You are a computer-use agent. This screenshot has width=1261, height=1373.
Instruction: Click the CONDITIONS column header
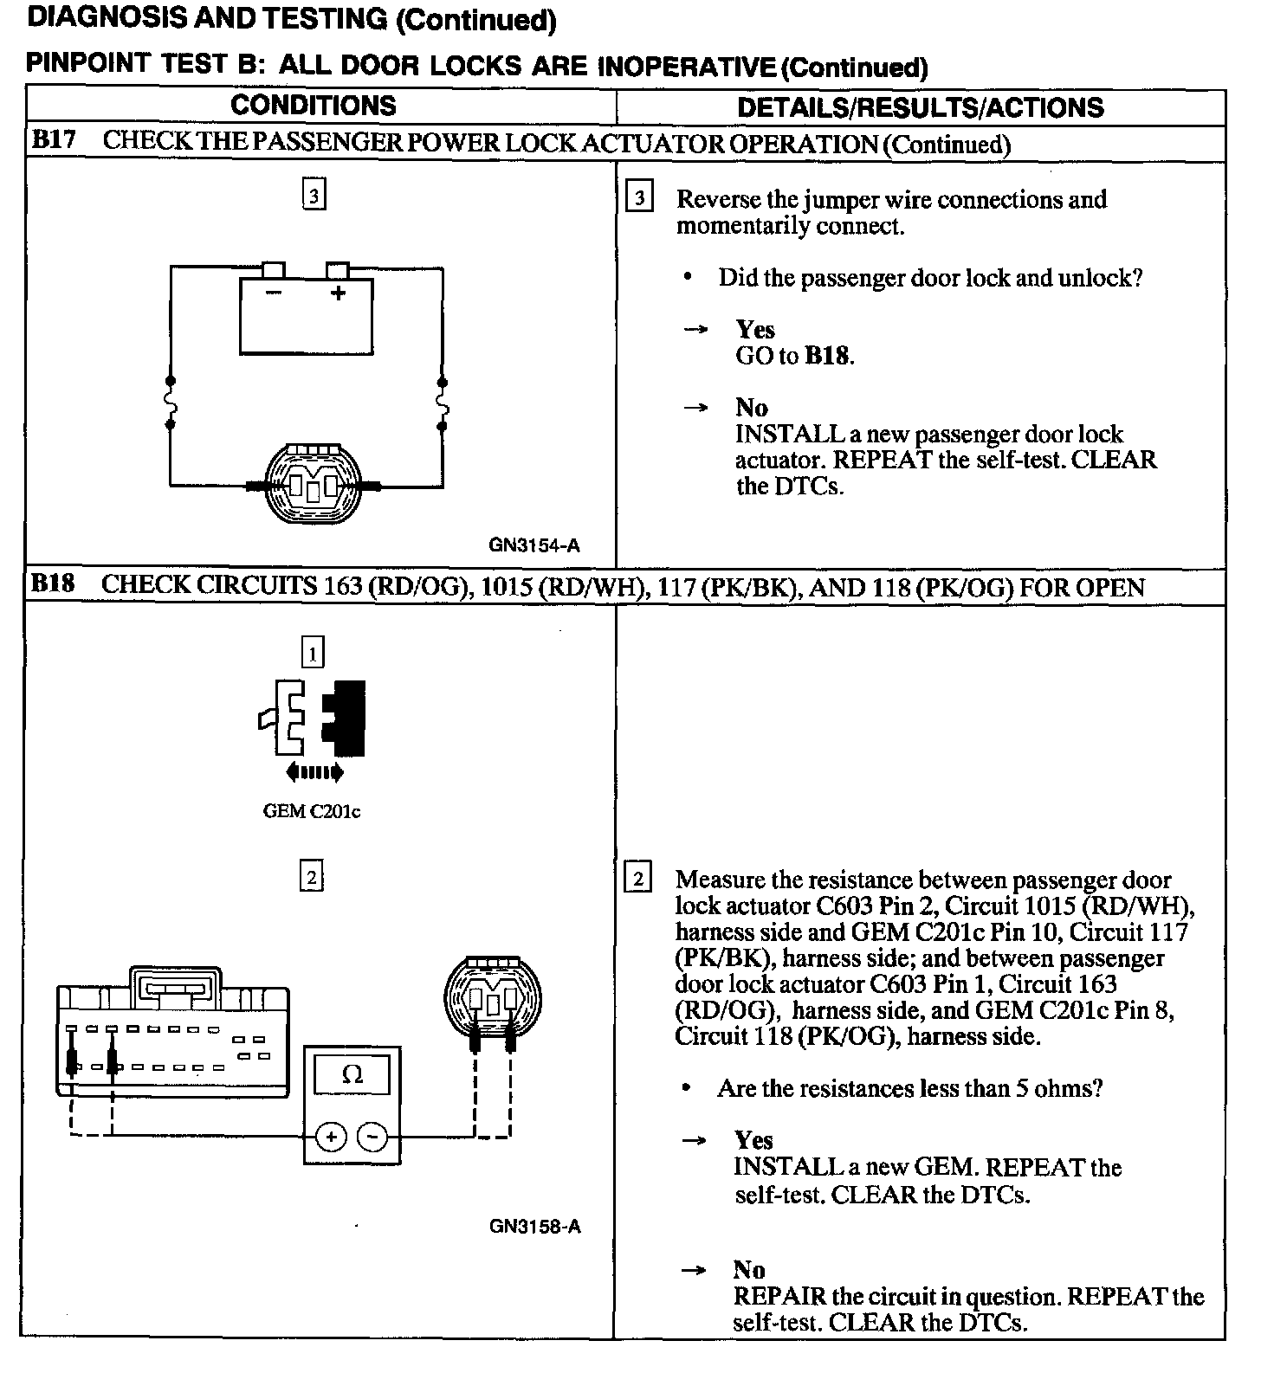point(314,106)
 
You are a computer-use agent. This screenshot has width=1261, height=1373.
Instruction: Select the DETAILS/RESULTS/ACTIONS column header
point(920,107)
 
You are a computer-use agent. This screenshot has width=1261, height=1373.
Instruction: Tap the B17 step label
point(54,141)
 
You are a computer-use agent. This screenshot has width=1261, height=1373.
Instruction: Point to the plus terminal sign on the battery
point(338,293)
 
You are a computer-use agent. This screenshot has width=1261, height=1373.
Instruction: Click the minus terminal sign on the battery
point(274,293)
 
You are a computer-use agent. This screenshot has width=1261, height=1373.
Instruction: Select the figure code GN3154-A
point(534,545)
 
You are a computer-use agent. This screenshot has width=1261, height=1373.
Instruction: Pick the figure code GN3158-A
point(534,1226)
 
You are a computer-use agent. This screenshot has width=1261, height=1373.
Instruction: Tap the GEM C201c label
point(312,811)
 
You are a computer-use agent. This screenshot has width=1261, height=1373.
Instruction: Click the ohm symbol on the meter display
point(352,1075)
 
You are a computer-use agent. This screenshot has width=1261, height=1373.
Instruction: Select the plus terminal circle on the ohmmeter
point(330,1136)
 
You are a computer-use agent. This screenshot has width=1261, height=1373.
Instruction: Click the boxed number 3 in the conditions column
point(314,196)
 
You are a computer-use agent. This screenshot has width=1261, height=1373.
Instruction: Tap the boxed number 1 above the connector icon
point(313,652)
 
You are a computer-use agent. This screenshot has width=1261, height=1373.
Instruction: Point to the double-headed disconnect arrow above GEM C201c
point(314,771)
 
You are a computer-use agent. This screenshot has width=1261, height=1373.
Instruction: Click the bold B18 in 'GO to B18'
point(826,356)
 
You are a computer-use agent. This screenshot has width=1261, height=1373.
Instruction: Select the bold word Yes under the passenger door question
point(755,330)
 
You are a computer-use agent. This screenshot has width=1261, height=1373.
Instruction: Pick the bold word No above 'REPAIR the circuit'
point(749,1269)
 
